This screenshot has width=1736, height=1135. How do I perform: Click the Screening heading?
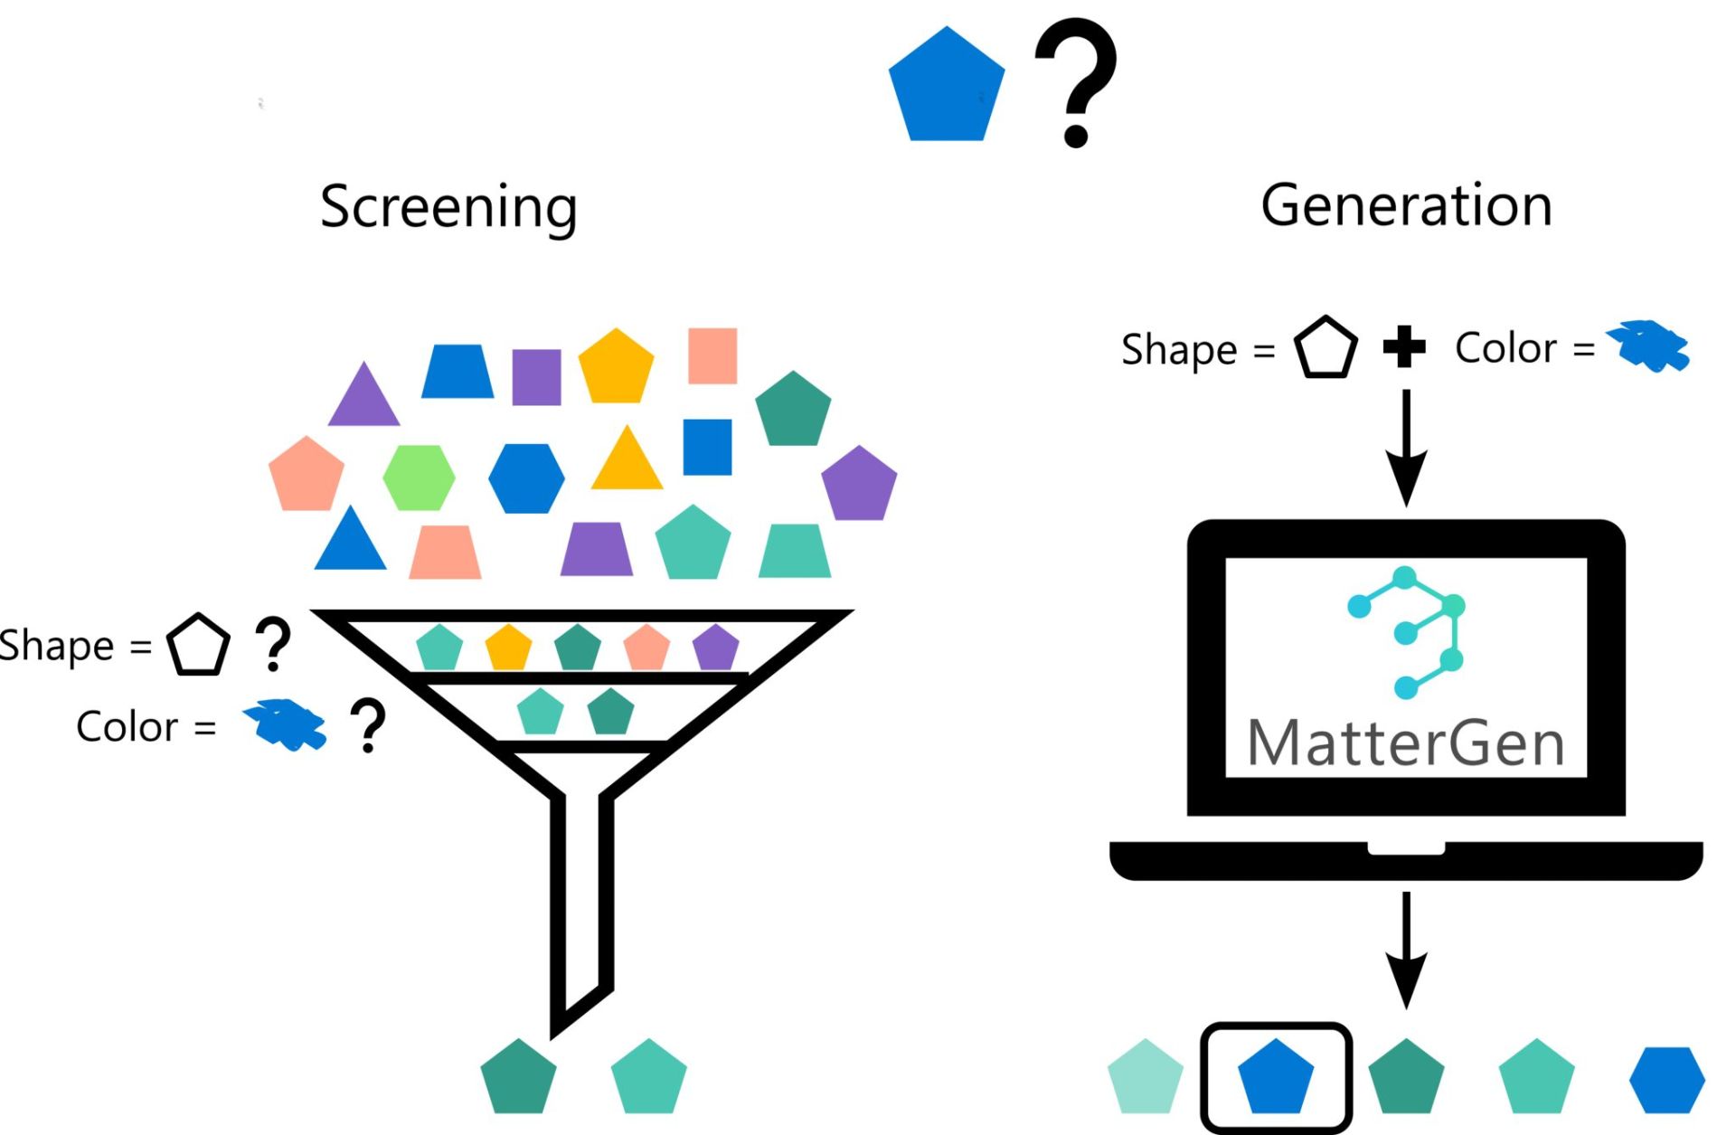[448, 207]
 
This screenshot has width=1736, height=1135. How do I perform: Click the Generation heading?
[1406, 205]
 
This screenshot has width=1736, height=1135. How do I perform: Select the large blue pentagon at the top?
[946, 89]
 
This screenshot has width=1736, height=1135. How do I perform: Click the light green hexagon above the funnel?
[419, 477]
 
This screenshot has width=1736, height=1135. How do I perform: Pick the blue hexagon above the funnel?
[526, 478]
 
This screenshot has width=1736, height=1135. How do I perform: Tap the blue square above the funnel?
[707, 447]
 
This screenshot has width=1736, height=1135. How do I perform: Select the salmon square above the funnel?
[712, 355]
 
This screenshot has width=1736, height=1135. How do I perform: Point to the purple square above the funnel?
[536, 377]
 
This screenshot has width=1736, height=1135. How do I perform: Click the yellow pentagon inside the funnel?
[508, 648]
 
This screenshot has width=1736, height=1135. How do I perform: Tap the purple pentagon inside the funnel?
[715, 648]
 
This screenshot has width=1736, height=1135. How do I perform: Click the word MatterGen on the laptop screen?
[1406, 743]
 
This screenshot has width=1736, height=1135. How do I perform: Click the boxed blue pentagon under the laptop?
[1275, 1077]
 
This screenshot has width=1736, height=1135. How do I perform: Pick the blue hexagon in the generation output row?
[1666, 1080]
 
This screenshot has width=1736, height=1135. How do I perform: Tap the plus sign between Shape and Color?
[1404, 347]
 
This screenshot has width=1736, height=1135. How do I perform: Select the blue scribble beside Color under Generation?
[1647, 346]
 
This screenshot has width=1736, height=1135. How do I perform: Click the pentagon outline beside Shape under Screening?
[198, 646]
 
